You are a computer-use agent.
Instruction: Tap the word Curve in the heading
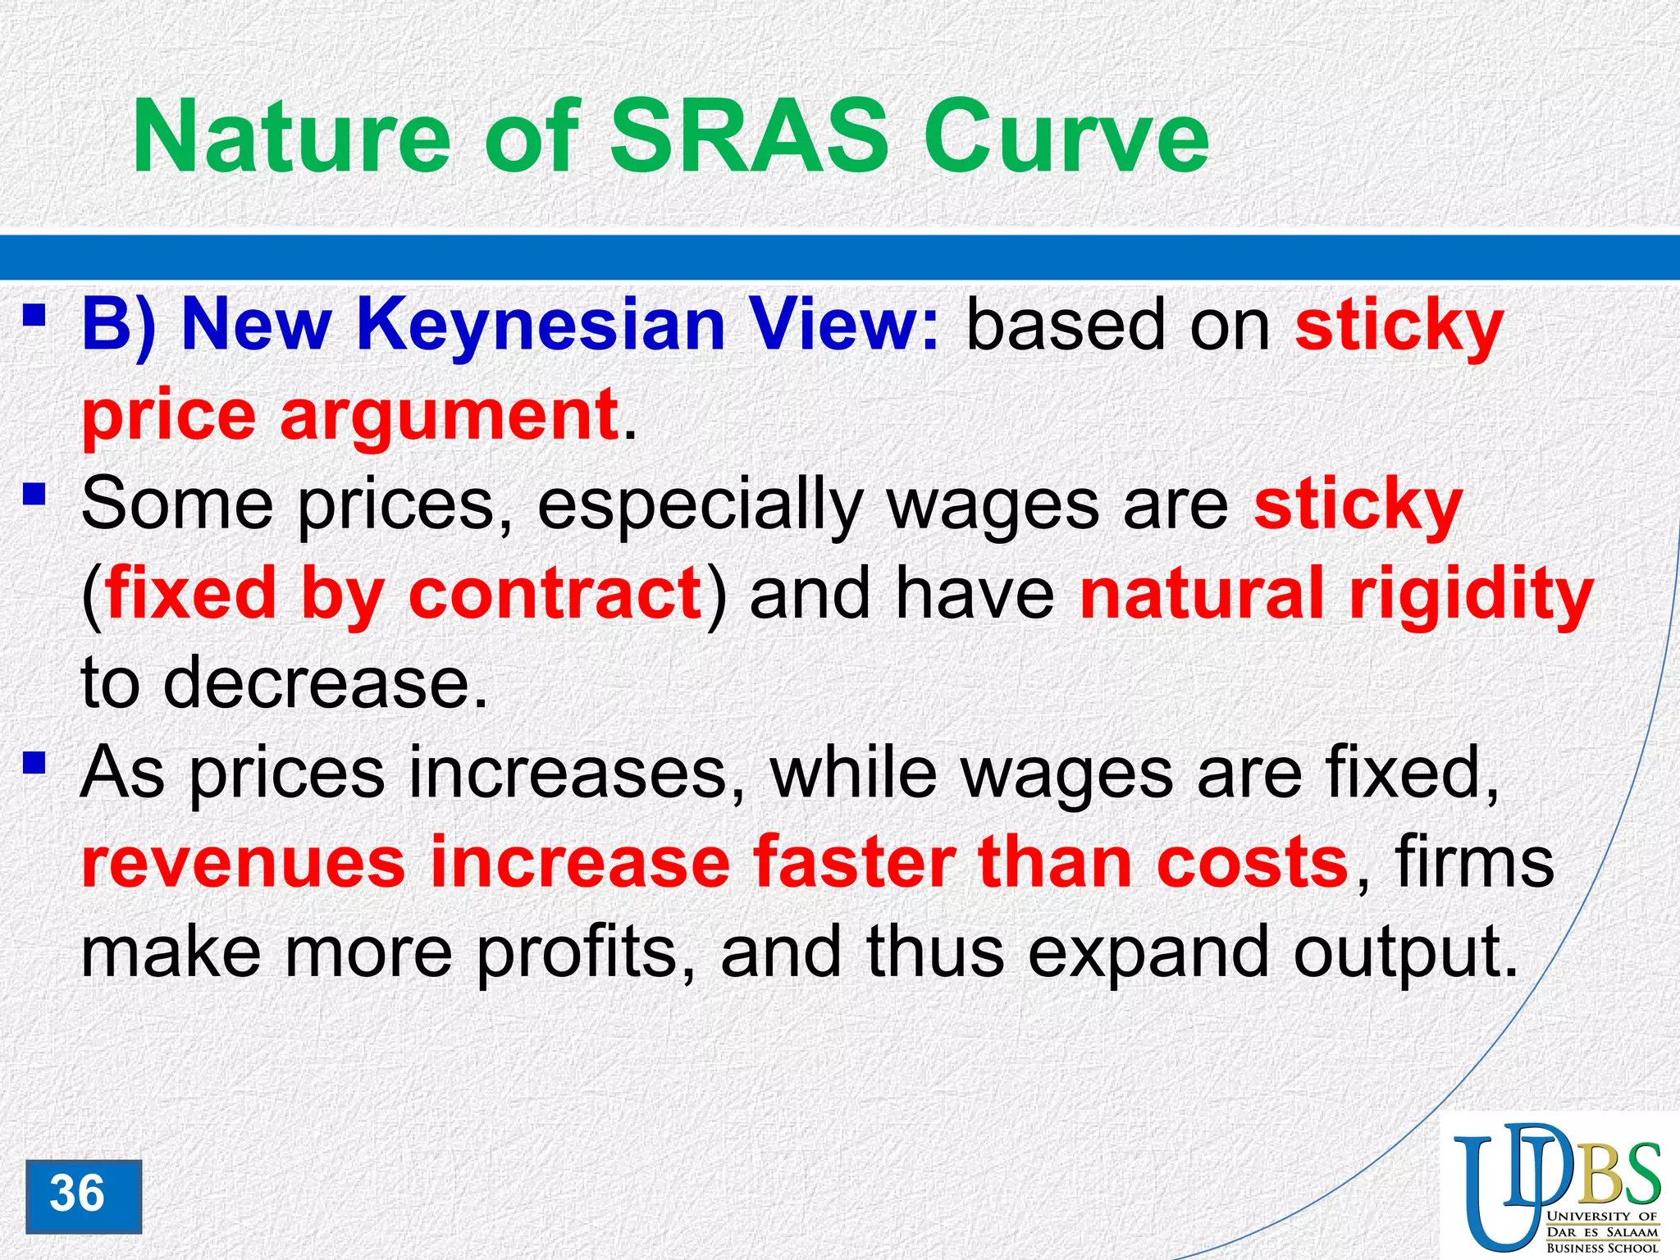(1066, 137)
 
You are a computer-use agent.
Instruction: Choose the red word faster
(853, 863)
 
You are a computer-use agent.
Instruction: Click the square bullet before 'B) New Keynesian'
(34, 315)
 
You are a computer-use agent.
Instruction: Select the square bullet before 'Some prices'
(34, 494)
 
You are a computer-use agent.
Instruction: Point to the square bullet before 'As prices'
(34, 763)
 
